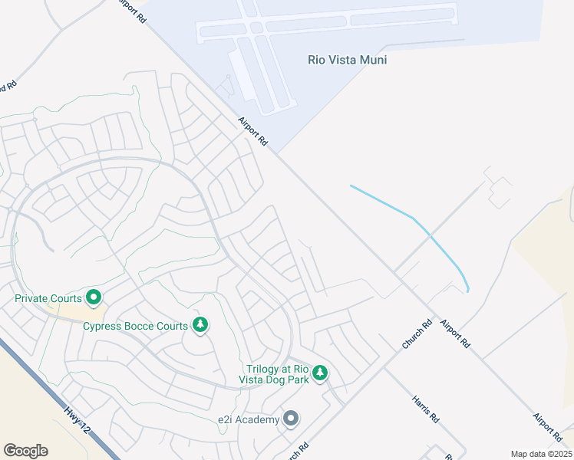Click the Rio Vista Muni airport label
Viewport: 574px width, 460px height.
tap(347, 59)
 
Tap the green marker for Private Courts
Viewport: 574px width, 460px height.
tap(94, 296)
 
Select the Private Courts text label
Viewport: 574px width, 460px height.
tap(49, 297)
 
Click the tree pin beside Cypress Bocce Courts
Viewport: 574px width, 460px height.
tap(200, 325)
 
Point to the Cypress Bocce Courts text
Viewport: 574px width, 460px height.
tap(135, 326)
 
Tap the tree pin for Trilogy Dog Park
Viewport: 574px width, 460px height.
tap(320, 373)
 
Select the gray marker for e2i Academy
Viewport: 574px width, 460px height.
tap(291, 419)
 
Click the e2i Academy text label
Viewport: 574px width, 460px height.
tap(247, 419)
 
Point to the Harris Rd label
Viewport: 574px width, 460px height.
tap(424, 409)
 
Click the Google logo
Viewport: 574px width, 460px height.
tap(25, 451)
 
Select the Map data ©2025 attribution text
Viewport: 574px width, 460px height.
tap(541, 454)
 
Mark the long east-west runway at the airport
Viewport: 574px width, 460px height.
tap(326, 23)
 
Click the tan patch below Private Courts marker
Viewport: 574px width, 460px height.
tap(77, 313)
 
